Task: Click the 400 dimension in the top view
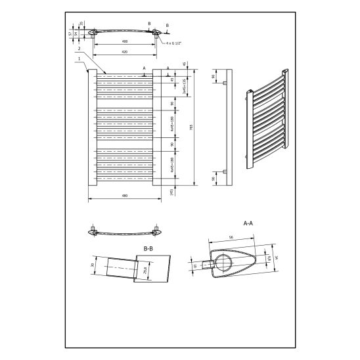125,41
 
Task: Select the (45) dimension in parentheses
172,192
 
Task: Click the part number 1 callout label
78,58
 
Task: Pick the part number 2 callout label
78,49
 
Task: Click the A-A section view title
248,223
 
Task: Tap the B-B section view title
148,248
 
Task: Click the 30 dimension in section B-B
91,266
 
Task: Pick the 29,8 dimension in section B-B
145,270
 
